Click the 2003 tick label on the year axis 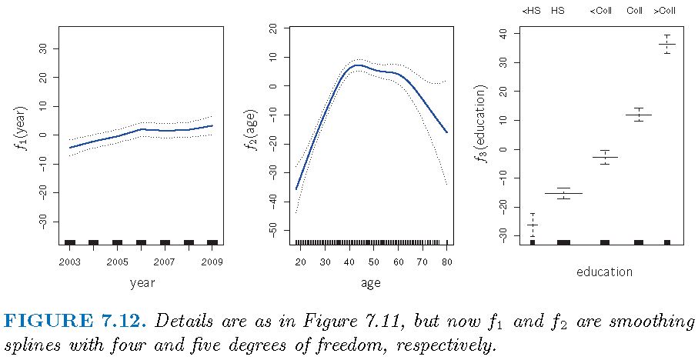click(69, 262)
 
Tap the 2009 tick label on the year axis click(213, 262)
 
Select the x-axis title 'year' click(142, 283)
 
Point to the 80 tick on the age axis click(447, 262)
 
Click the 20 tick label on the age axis click(301, 262)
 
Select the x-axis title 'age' click(371, 283)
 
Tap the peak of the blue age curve click(356, 65)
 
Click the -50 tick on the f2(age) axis click(273, 230)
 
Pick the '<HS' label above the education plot click(531, 11)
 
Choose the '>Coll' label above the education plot click(666, 11)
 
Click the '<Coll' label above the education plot click(600, 11)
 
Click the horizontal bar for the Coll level click(638, 115)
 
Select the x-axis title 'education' click(604, 272)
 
